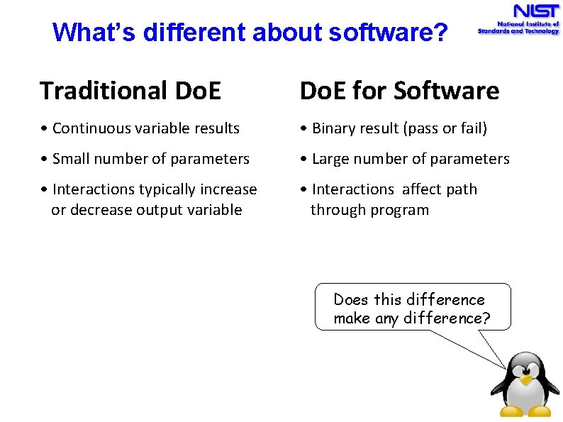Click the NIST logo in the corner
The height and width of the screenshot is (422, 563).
pos(518,20)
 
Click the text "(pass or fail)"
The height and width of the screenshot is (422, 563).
pos(445,128)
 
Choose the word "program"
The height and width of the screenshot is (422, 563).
pos(403,210)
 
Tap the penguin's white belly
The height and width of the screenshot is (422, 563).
pos(525,396)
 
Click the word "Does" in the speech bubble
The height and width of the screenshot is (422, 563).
pos(351,299)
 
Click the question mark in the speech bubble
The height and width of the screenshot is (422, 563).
pos(486,318)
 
